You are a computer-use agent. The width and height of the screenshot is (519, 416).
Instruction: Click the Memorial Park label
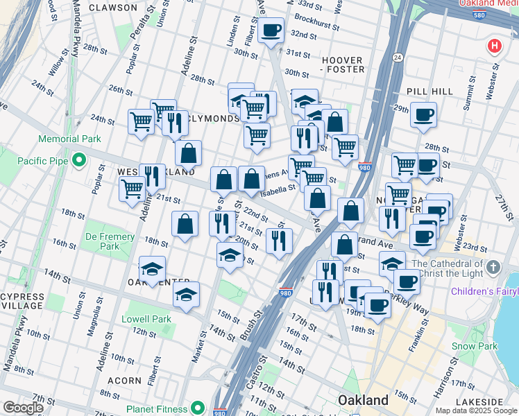tap(69, 139)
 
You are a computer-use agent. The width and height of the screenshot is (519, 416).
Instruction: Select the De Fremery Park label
tap(110, 241)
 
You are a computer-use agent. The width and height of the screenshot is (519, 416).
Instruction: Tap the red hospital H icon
tap(494, 46)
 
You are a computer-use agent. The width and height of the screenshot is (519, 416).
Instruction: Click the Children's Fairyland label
tap(485, 291)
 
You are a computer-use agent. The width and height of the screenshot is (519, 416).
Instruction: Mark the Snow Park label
tap(474, 346)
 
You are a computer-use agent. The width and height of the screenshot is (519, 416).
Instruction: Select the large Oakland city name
tap(363, 400)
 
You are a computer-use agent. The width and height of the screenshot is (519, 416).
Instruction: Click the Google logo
tap(24, 408)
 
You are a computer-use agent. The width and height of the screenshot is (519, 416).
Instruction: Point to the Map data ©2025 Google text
tap(476, 410)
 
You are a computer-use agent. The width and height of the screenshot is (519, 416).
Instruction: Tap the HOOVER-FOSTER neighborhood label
tap(343, 64)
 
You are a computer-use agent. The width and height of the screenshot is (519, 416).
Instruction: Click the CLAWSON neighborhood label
tap(113, 8)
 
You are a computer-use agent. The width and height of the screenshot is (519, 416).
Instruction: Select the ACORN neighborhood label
tap(125, 381)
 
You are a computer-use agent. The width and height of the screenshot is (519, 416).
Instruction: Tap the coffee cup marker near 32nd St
tap(271, 30)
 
